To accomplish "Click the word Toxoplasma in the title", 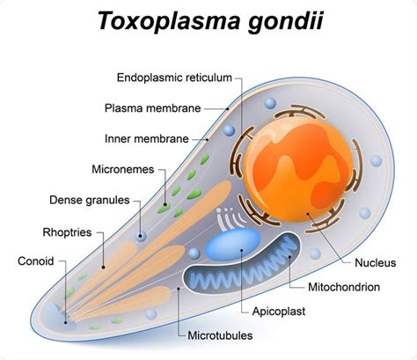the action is point(170,20).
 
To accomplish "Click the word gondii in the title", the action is point(285,21).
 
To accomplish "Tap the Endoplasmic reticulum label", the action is point(174,77).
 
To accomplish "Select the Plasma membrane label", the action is point(152,108).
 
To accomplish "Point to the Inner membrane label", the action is point(147,139).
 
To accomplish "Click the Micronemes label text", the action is point(123,169).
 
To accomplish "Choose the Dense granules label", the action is point(90,200).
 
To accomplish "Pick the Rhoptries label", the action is point(67,232).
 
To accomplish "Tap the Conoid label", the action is point(36,261).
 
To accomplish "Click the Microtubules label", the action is point(220,335).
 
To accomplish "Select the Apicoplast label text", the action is point(279,312).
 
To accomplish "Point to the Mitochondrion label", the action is point(344,287).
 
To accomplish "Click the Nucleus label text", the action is point(376,262).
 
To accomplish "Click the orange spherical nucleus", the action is point(298,172).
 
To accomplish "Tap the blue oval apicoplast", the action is point(232,245).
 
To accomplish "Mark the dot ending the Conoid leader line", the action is point(66,322).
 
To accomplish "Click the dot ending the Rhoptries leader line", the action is point(103,267).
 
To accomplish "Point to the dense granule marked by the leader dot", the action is point(141,236).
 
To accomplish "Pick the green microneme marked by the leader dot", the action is point(164,208).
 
